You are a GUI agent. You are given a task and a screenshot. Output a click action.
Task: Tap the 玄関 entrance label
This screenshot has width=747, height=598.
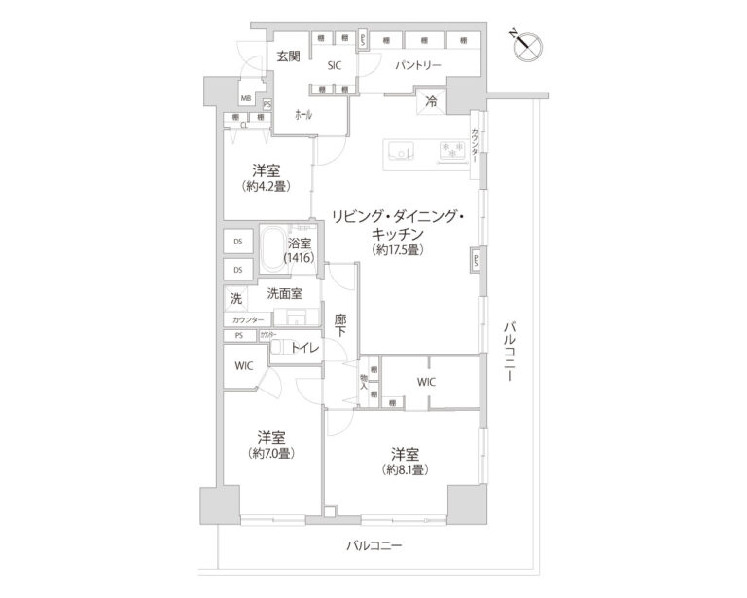tap(287, 56)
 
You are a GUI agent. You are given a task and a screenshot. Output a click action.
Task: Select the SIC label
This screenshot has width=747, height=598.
tap(334, 66)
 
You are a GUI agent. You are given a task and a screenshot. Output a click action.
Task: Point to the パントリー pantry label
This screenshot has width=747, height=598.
tap(418, 66)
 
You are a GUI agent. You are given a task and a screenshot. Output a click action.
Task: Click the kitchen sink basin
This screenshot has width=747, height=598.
tap(401, 150)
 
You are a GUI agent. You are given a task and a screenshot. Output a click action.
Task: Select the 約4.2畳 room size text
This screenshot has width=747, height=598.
tap(267, 185)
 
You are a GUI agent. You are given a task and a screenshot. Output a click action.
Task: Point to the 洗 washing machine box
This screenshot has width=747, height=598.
tap(235, 298)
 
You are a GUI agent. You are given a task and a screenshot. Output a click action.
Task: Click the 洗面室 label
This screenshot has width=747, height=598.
tap(284, 293)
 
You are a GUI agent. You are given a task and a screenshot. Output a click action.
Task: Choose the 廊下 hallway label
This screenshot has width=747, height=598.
tap(339, 324)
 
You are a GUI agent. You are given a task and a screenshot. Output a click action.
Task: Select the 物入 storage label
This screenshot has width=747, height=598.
tap(365, 381)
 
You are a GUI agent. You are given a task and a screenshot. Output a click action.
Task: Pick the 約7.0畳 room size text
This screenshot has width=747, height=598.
tap(271, 452)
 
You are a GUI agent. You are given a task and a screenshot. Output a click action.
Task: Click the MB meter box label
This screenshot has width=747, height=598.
tap(246, 100)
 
